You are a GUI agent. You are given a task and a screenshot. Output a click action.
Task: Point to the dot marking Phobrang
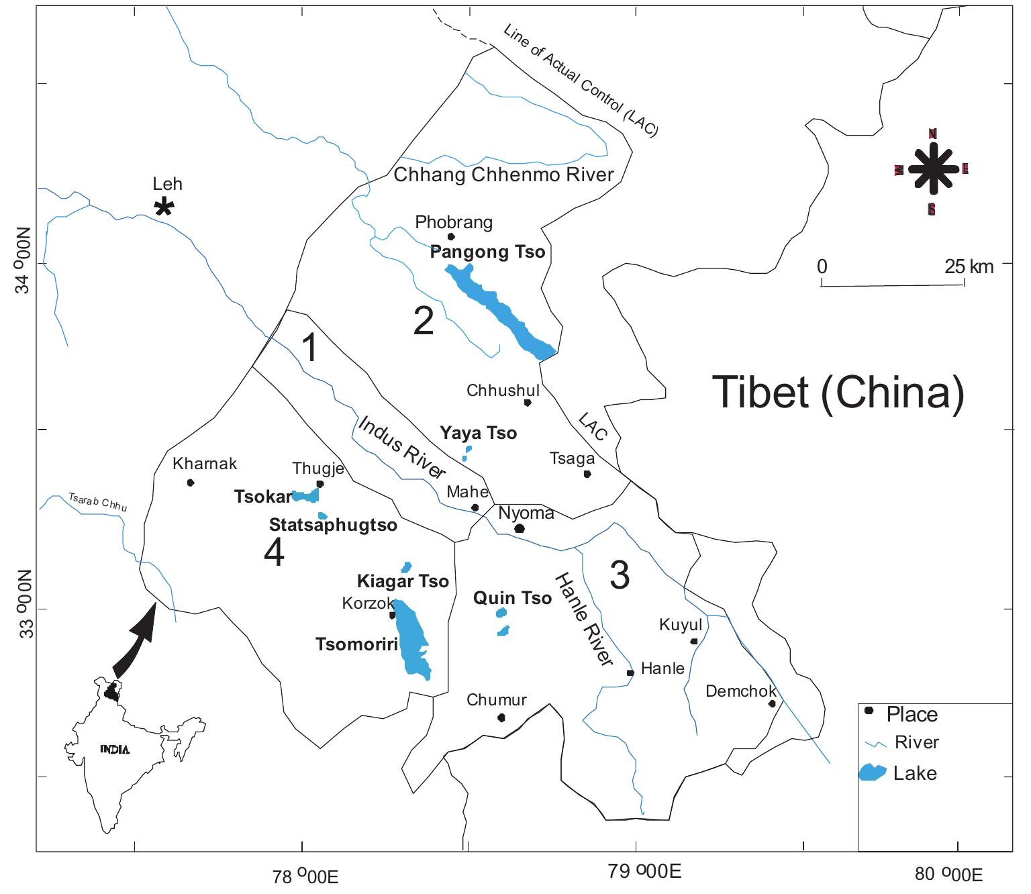[x=451, y=236]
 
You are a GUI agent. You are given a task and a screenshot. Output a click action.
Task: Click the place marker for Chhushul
[x=528, y=403]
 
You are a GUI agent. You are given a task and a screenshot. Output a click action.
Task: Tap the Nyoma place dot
[x=519, y=529]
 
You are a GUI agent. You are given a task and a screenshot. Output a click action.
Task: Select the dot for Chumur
[x=501, y=717]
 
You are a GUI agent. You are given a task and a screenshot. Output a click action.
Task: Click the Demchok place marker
[x=772, y=703]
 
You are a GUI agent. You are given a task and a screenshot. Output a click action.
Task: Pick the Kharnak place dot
[x=191, y=483]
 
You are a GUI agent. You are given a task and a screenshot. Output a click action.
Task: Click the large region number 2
[x=424, y=321]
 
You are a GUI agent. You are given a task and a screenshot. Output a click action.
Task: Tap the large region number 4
[x=274, y=553]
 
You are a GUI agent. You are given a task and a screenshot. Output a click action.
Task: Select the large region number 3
[x=620, y=575]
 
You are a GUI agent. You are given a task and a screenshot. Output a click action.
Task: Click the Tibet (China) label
[x=838, y=392]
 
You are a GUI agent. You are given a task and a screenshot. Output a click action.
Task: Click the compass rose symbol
[x=932, y=170]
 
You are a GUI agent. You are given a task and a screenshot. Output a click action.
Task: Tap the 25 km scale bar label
[x=969, y=266]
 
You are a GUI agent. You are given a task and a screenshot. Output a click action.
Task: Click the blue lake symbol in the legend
[x=873, y=773]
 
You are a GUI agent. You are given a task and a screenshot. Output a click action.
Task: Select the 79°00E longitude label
[x=644, y=872]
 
